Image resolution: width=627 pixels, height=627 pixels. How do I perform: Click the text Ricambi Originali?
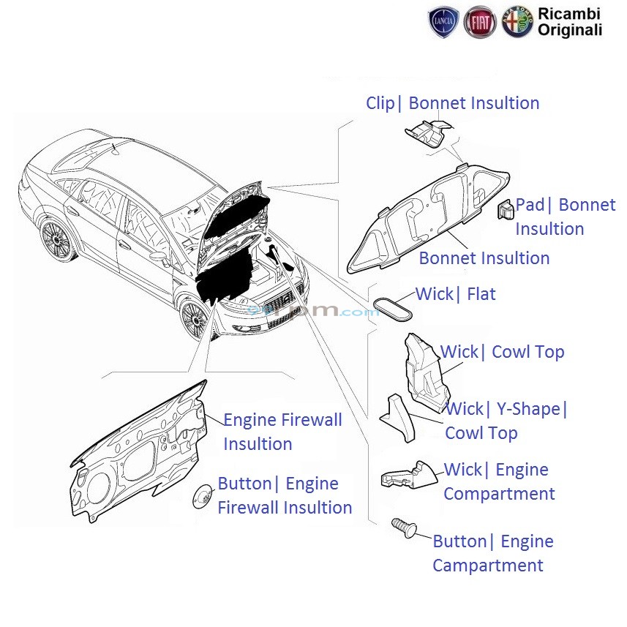point(570,21)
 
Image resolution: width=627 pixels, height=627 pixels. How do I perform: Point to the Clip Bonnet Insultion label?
point(452,103)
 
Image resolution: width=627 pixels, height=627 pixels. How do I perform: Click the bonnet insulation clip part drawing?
point(428,135)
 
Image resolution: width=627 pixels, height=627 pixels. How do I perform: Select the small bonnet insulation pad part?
point(505,210)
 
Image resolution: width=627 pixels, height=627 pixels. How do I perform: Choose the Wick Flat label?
point(455,294)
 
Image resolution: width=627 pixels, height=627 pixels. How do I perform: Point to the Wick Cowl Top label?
point(502,352)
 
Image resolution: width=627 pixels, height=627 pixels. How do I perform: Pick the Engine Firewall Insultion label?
point(282,432)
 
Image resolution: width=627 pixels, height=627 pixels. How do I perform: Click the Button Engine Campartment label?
point(492,553)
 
